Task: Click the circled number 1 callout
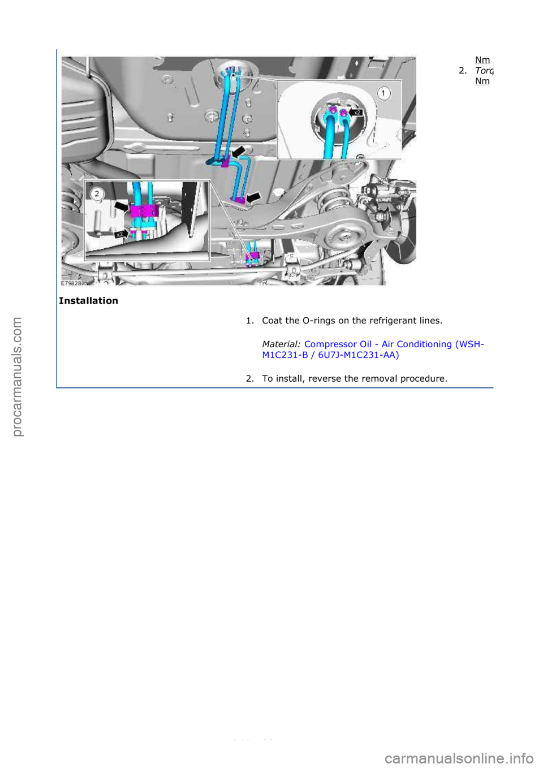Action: coord(384,93)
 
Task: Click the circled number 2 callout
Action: coord(97,194)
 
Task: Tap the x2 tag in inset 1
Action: coord(357,113)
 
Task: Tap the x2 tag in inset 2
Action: coord(119,234)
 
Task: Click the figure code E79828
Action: coord(71,283)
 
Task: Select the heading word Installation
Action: coord(88,301)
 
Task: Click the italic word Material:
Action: coord(281,344)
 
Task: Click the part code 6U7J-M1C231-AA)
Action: coord(358,355)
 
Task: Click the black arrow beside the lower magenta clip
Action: coord(253,197)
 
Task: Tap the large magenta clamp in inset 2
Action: coord(144,210)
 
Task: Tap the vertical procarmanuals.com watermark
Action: coord(17,377)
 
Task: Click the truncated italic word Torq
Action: coord(484,71)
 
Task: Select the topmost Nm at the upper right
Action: coord(482,60)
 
